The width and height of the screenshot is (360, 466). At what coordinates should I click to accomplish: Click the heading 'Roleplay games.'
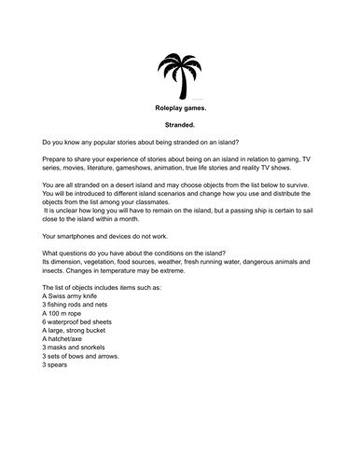coord(179,109)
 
